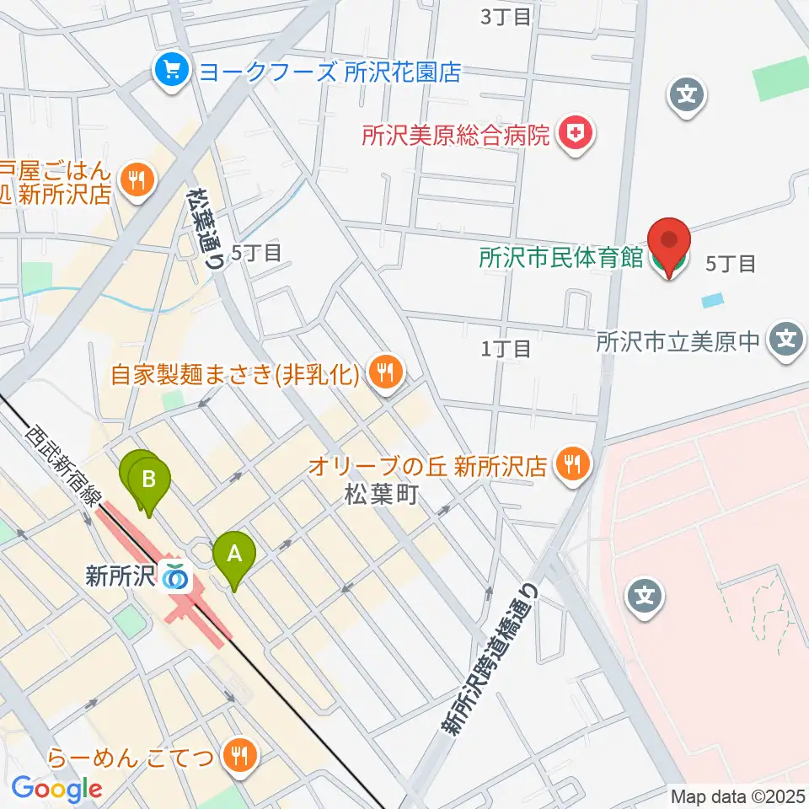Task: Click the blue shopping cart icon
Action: (172, 70)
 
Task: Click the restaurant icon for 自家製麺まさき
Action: (386, 371)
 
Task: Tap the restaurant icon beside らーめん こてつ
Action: (239, 757)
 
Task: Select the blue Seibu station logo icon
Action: (176, 576)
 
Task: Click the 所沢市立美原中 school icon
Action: (787, 340)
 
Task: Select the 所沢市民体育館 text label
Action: (561, 259)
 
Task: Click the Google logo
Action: (56, 789)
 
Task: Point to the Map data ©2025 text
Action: (737, 796)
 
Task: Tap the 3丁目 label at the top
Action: (506, 16)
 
